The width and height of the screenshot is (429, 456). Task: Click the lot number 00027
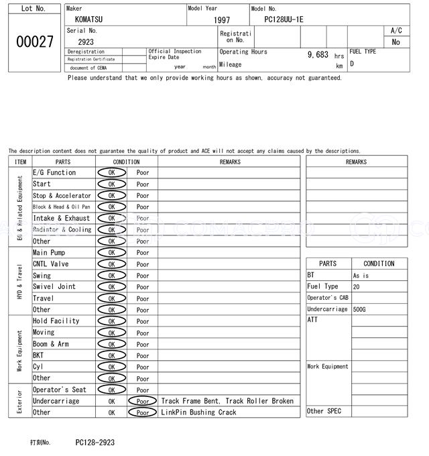point(34,42)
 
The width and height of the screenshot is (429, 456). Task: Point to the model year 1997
point(222,20)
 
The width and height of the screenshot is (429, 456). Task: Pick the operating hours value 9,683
point(318,54)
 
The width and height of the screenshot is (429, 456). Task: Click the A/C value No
point(395,42)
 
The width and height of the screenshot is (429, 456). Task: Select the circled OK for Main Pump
point(111,253)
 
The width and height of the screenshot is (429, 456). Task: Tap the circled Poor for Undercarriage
point(143,401)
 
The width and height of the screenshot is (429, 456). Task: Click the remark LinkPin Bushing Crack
point(198,412)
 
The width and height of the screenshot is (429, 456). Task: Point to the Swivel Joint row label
point(54,287)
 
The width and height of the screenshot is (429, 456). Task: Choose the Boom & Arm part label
point(51,344)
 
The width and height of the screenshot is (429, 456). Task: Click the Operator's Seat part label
point(60,390)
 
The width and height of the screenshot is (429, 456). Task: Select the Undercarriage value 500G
point(360,309)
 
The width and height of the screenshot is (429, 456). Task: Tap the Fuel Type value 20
point(356,286)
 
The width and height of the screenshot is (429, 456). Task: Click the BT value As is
point(361,276)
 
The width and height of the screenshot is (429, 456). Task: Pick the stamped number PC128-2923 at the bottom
point(95,443)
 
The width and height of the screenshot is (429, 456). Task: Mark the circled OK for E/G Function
point(111,173)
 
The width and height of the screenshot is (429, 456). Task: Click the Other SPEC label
point(324,411)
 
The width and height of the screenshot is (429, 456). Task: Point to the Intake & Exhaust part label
point(61,218)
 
